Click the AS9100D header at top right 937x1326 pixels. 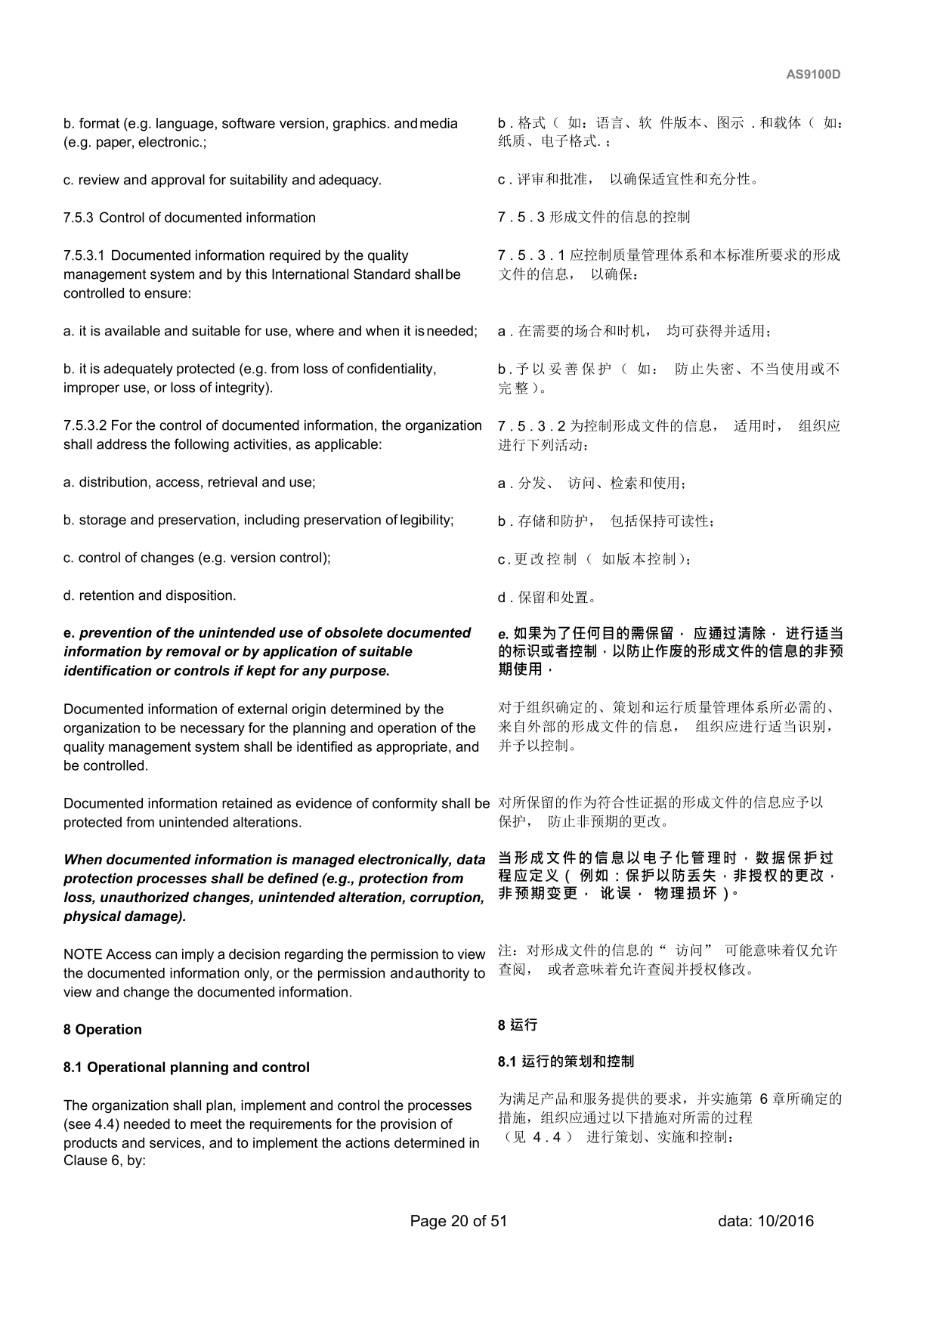[x=813, y=75]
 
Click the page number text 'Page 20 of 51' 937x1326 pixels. [x=458, y=1221]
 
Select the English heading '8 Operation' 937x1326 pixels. [x=102, y=1030]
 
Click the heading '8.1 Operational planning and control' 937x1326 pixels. [x=186, y=1068]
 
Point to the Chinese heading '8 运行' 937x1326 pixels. [x=518, y=1025]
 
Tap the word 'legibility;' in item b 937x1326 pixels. [x=427, y=520]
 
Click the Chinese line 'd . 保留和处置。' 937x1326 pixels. [x=548, y=598]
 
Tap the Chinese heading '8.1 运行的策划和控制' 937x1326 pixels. [x=566, y=1062]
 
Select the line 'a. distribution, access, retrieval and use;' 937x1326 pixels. [x=189, y=482]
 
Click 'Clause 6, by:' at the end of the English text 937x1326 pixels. [x=104, y=1161]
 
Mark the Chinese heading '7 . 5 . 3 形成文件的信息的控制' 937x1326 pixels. [x=593, y=218]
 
